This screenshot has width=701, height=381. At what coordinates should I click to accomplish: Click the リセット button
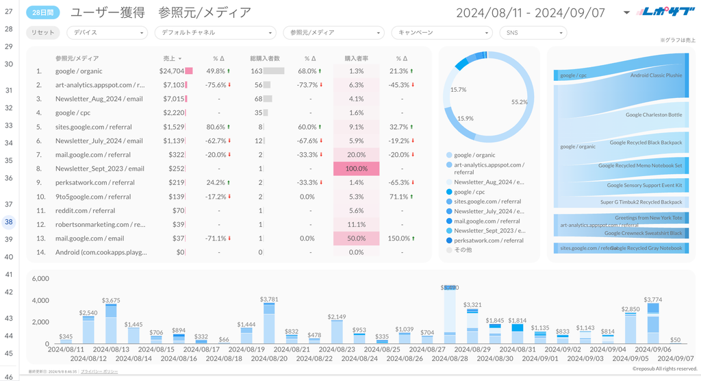point(43,33)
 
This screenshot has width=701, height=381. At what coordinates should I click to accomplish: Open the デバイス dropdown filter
point(107,33)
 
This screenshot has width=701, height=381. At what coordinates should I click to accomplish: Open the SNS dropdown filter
point(533,33)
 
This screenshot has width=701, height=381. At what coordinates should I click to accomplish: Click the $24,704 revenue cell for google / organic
point(171,71)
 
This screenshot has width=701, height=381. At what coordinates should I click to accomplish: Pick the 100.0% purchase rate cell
point(356,169)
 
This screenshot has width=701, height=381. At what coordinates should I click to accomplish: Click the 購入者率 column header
point(356,59)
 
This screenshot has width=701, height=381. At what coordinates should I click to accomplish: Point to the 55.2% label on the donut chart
point(520,102)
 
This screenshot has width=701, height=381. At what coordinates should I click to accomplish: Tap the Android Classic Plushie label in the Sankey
point(655,75)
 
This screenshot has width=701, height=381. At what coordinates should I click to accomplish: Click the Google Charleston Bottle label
point(653,115)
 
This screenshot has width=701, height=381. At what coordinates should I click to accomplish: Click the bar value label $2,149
point(337,317)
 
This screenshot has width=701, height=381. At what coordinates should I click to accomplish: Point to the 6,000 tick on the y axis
point(40,279)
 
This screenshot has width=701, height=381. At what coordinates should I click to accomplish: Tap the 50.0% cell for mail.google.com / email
point(356,238)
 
